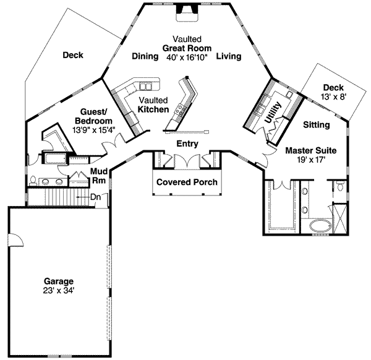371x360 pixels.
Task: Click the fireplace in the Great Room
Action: click(184, 9)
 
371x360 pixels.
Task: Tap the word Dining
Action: click(146, 56)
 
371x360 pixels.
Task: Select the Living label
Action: click(228, 56)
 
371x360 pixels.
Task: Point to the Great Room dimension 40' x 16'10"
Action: click(187, 56)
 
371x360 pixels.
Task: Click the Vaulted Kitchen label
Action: click(153, 105)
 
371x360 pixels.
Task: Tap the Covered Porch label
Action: click(185, 182)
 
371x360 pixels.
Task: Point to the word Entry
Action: click(187, 143)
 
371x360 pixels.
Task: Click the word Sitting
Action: click(317, 125)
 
